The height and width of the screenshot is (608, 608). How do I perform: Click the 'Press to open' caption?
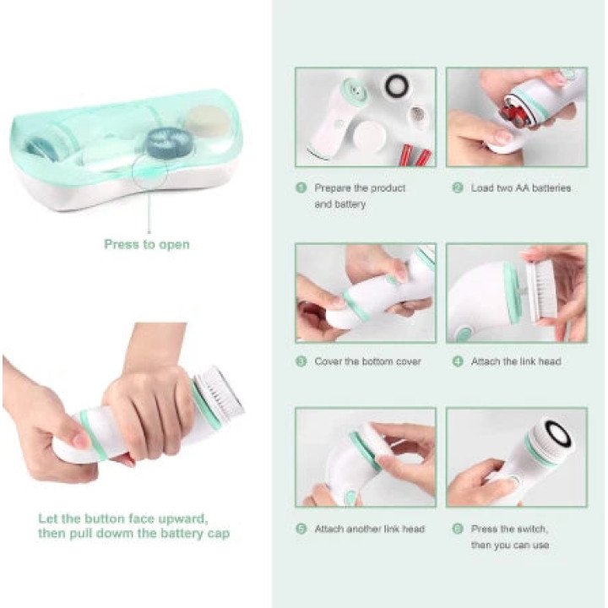[147, 245]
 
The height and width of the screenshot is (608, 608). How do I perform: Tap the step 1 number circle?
[301, 188]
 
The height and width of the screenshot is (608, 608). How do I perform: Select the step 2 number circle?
[458, 188]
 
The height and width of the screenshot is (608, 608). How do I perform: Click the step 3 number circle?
[301, 361]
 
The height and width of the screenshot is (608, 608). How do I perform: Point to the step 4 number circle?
[458, 361]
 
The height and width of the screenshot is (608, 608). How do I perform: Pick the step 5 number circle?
[301, 529]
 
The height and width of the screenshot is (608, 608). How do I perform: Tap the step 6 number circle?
[458, 529]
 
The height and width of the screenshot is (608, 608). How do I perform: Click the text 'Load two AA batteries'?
[521, 188]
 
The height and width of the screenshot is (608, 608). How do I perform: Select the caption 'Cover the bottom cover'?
[367, 361]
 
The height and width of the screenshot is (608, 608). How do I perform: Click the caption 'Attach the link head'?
[516, 361]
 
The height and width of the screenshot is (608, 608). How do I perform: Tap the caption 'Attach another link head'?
[370, 529]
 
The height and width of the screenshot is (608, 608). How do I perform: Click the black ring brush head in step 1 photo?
[396, 86]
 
